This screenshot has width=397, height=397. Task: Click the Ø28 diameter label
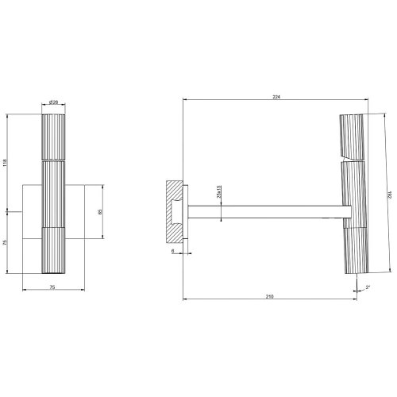point(53,102)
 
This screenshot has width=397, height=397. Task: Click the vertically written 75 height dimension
point(6,242)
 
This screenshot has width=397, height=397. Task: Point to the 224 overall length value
point(276,97)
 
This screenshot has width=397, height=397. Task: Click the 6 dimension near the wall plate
point(172,251)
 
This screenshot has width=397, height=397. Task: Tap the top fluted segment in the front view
point(53,137)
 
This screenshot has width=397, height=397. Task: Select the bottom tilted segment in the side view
point(352,252)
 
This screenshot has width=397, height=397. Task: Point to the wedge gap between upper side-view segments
point(349,157)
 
